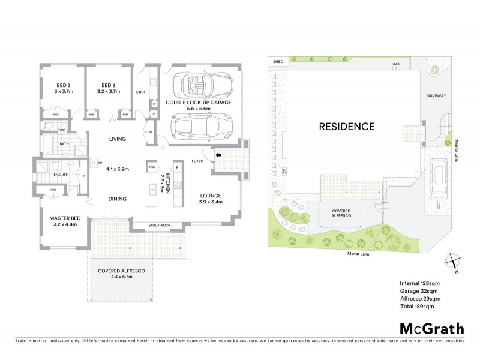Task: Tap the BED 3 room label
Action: click(x=109, y=85)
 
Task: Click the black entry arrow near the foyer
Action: click(x=218, y=155)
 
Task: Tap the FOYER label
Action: click(x=197, y=161)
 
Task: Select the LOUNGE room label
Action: click(x=211, y=196)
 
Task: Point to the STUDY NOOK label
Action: click(x=160, y=226)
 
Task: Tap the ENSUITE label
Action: click(x=59, y=175)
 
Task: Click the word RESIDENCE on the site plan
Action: click(x=346, y=127)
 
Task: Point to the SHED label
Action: click(x=278, y=62)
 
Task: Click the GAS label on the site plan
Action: click(x=395, y=64)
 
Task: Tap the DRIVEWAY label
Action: click(x=436, y=95)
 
